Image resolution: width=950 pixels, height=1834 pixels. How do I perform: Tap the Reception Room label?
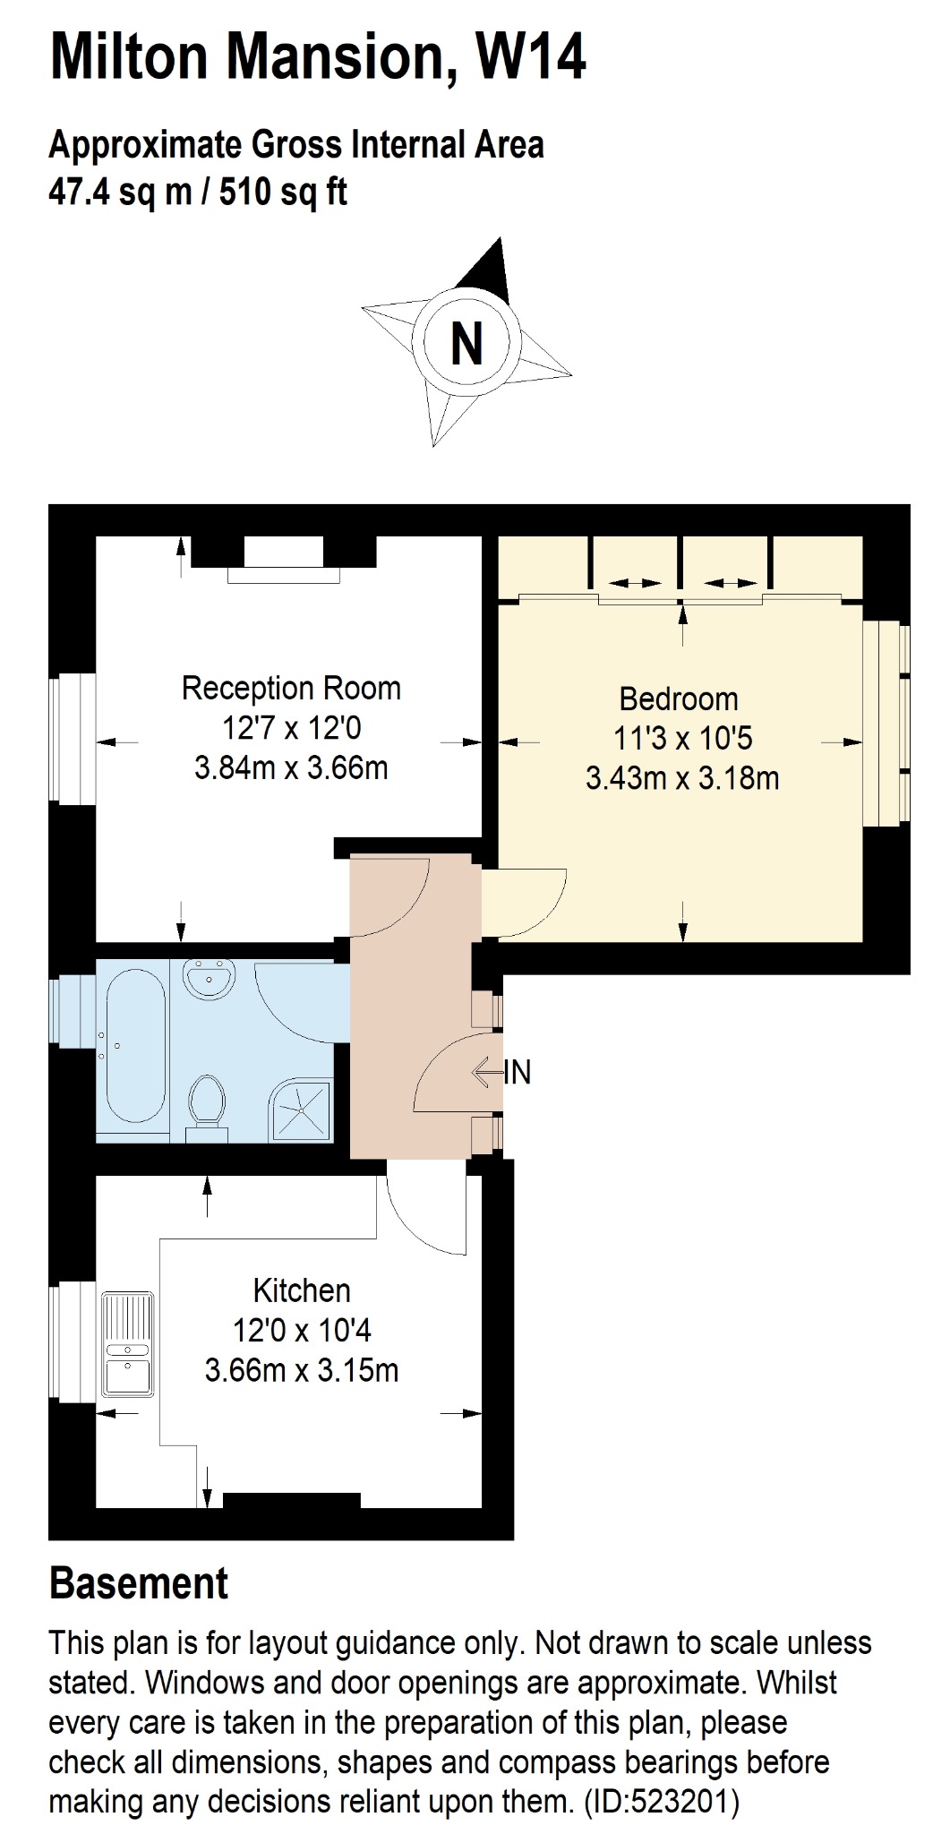[291, 689]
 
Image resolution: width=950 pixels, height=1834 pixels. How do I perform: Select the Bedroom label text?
[679, 698]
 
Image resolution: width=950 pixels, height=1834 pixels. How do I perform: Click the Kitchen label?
[302, 1290]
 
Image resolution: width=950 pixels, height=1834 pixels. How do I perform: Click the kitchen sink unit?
[128, 1344]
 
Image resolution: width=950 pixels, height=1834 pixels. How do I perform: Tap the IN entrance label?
[518, 1072]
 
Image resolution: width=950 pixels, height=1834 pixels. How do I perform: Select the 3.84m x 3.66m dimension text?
[291, 768]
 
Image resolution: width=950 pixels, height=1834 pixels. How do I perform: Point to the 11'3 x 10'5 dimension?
[682, 739]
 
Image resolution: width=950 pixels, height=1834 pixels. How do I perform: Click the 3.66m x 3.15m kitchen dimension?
[302, 1370]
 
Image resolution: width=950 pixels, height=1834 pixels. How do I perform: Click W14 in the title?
[529, 56]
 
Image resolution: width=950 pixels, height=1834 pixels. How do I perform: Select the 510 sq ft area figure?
[283, 192]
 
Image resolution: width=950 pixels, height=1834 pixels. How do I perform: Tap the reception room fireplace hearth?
[284, 576]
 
